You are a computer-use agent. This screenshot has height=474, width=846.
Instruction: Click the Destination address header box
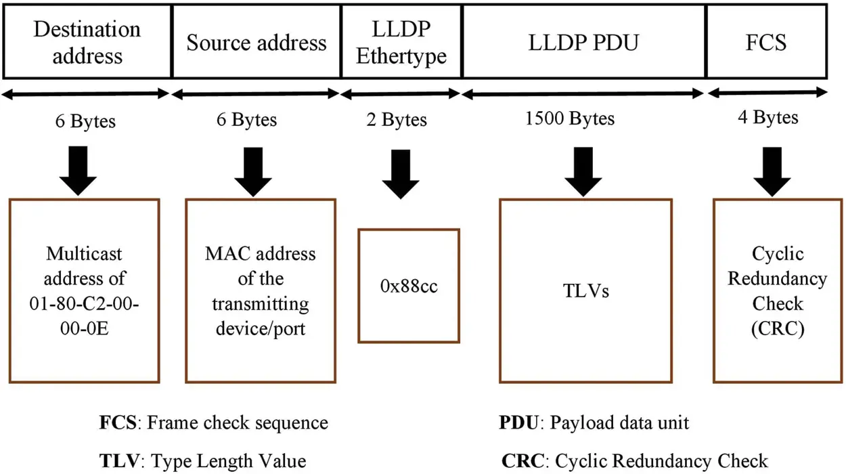(87, 41)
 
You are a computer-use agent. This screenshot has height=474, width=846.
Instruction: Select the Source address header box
(257, 42)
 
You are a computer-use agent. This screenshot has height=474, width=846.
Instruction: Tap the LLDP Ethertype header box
(401, 42)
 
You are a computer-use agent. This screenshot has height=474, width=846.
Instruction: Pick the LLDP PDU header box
(583, 42)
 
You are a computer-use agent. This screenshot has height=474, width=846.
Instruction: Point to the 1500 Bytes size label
(570, 119)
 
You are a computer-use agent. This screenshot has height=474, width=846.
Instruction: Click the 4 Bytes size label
(767, 118)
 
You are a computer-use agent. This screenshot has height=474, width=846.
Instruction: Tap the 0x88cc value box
(409, 286)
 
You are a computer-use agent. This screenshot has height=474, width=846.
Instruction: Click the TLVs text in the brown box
(585, 291)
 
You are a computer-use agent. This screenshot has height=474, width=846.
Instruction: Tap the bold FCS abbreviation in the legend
(118, 423)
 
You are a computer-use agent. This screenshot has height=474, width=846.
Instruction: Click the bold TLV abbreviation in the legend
(120, 460)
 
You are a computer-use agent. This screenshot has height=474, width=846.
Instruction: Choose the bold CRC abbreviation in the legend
(522, 460)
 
